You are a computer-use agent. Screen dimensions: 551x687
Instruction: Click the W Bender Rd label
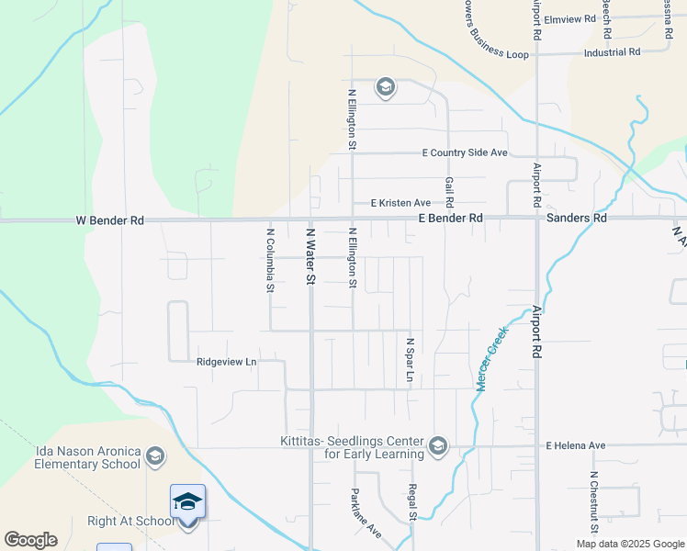[109, 220]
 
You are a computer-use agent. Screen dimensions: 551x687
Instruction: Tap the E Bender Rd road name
[450, 219]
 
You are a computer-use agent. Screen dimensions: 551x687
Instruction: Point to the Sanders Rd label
[576, 219]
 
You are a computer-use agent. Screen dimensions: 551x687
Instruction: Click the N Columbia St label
[270, 260]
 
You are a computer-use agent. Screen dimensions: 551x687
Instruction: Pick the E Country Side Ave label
[465, 152]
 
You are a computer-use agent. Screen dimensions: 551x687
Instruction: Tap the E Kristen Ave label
[400, 203]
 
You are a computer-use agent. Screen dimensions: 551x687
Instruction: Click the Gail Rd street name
[449, 192]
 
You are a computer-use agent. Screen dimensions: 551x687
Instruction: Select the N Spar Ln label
[411, 360]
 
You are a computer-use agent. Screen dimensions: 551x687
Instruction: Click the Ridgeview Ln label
[226, 362]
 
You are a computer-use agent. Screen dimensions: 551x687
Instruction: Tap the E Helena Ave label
[576, 445]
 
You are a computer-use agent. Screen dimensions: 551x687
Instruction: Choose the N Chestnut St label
[594, 504]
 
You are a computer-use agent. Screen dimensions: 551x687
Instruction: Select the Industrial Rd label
[612, 52]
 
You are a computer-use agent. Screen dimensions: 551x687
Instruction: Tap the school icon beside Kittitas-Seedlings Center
[438, 447]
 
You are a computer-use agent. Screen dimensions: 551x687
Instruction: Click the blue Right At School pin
[187, 503]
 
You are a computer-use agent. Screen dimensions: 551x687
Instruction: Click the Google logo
[30, 540]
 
